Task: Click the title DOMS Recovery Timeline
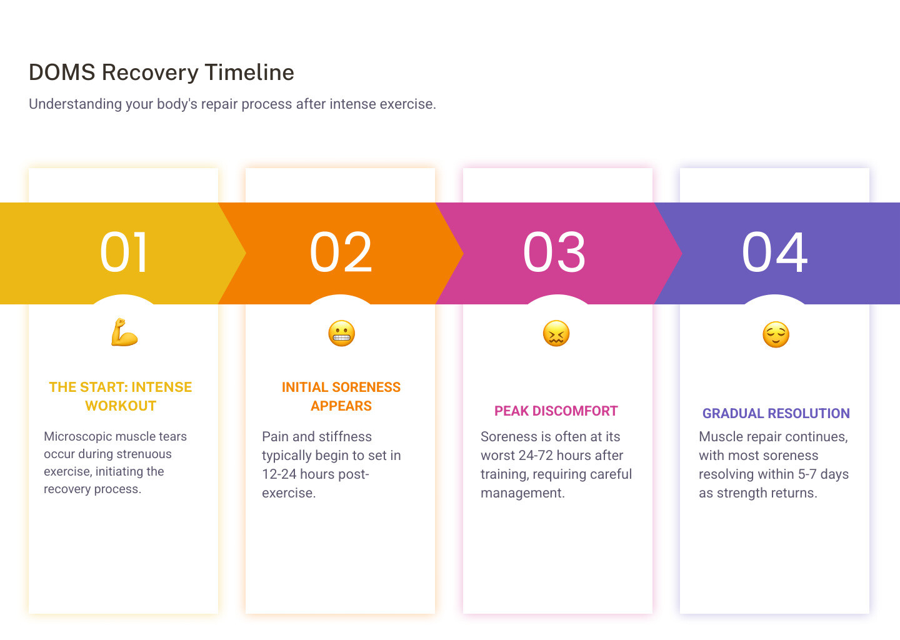coord(161,72)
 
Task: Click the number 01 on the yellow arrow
coord(124,252)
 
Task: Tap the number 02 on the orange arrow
coord(341,252)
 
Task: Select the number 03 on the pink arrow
coord(555,252)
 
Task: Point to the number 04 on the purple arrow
coord(775,252)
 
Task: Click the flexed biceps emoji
coord(124,332)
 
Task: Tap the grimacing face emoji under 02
coord(341,334)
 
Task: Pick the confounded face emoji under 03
coord(556,334)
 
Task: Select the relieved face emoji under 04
coord(776,334)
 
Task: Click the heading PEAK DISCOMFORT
coord(556,411)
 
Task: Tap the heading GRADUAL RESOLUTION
coord(776,414)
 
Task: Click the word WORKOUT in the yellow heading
coord(121,406)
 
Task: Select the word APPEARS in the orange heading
coord(341,406)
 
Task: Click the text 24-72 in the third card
coord(536,456)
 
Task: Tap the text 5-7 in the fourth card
coord(807,474)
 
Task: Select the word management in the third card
coord(522,493)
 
